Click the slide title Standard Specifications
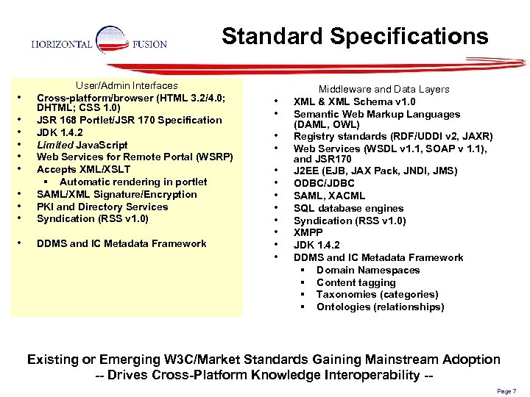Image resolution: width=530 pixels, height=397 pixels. pos(355,36)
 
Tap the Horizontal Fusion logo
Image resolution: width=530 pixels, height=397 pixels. pos(99,44)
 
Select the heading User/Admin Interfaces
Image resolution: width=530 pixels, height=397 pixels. pos(127,85)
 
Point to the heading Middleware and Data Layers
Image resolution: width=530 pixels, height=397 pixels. pos(384,89)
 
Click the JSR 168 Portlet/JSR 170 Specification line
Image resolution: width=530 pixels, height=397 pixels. pos(129,120)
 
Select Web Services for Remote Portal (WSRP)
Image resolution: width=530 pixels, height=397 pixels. pos(135,157)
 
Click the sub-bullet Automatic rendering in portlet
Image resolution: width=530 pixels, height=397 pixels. pos(132,182)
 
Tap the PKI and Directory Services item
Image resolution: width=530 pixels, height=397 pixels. pos(102,207)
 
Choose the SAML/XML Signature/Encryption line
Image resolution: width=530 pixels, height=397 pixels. pos(116,194)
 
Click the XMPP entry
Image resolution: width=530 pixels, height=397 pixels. pos(309,232)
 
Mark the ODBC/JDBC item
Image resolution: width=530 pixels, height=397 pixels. pos(324,183)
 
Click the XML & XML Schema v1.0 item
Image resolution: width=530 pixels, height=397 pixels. pos(354,101)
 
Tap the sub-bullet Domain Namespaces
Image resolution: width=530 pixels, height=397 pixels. pos(368,270)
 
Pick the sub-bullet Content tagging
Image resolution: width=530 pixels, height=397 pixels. pos(356,282)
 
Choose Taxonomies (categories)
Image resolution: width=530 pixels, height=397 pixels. pos(377,294)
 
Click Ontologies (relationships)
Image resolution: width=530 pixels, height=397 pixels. pos(380,307)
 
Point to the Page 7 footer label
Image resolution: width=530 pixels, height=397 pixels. pos(506,391)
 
